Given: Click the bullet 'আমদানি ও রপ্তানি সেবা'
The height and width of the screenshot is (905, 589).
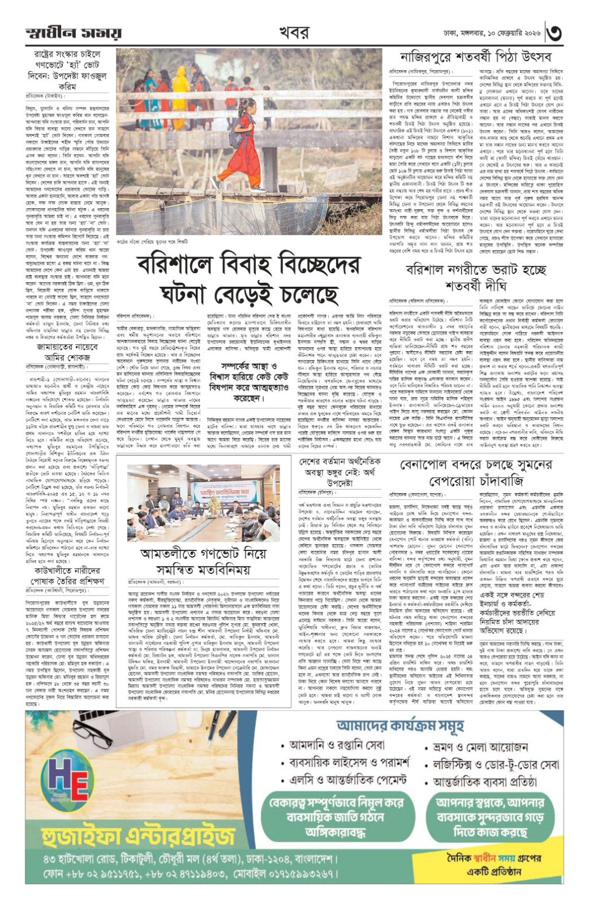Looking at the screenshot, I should tap(328, 744).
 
